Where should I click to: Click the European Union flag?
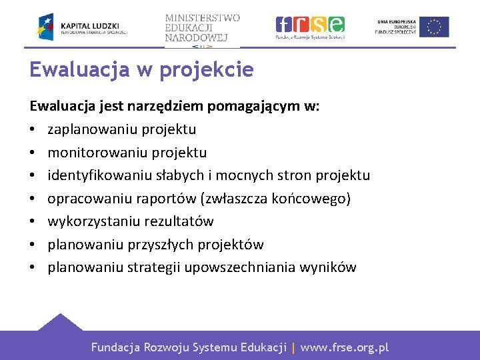(x=434, y=27)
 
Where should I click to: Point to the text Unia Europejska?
(x=397, y=21)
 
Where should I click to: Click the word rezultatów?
(x=179, y=221)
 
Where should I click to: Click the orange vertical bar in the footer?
(x=293, y=347)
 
